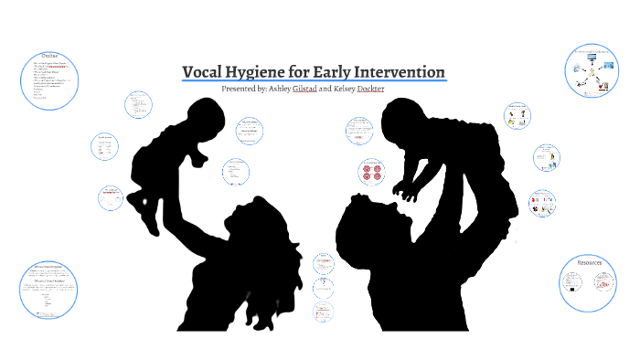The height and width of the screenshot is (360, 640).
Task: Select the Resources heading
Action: [x=590, y=262]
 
